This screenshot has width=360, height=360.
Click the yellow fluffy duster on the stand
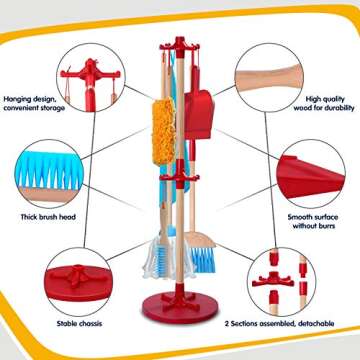pyautogui.click(x=164, y=131)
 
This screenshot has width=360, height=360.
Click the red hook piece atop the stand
pyautogui.click(x=180, y=46)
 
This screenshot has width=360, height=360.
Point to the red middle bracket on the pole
pyautogui.click(x=180, y=174)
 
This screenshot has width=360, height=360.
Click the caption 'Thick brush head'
pyautogui.click(x=48, y=217)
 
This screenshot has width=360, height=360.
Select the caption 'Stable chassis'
pyautogui.click(x=79, y=323)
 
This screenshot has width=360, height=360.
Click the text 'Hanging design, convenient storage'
pyautogui.click(x=34, y=103)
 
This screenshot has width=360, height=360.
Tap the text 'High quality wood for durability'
pyautogui.click(x=324, y=103)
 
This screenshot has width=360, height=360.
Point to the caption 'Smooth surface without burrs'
pyautogui.click(x=313, y=221)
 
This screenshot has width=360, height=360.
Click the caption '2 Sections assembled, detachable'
pyautogui.click(x=279, y=323)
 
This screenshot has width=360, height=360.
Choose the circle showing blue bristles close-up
pyautogui.click(x=49, y=174)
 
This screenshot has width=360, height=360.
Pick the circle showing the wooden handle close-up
pyautogui.click(x=269, y=77)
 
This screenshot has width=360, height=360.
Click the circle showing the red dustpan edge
pyautogui.click(x=311, y=174)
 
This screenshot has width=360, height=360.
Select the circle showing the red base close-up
pyautogui.click(x=79, y=282)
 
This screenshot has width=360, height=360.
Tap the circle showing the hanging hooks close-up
pyautogui.click(x=91, y=77)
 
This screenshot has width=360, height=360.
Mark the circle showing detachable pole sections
pyautogui.click(x=282, y=282)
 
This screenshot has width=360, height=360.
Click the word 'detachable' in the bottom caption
pyautogui.click(x=315, y=323)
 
